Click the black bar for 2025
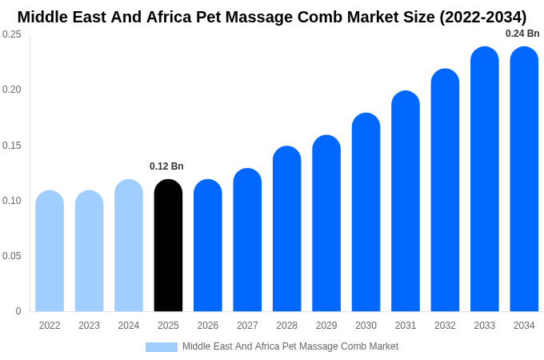point(168,246)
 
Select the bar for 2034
point(524,179)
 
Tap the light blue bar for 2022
point(50,251)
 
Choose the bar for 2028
point(286,229)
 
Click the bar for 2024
point(129,246)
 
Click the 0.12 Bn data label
point(166,166)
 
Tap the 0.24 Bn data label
point(522,34)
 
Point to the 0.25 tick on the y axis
point(12,34)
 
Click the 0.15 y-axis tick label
point(12,146)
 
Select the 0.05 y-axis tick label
point(12,256)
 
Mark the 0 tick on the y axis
point(18,311)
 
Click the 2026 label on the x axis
point(208,326)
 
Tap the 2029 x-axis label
point(326,326)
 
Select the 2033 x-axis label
point(485,326)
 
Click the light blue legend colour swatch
point(162,347)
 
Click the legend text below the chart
point(290,346)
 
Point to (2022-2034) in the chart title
point(482,17)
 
